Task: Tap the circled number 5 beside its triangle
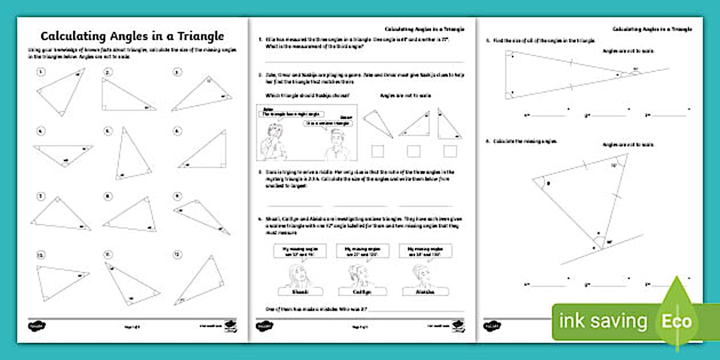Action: [107, 131]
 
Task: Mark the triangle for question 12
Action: [198, 280]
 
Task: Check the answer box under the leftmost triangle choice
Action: [378, 151]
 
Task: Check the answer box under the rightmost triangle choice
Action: [450, 151]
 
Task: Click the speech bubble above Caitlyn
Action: [362, 250]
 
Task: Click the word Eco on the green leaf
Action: [677, 321]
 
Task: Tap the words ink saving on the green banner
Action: [603, 321]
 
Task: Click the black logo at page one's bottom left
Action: [37, 326]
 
